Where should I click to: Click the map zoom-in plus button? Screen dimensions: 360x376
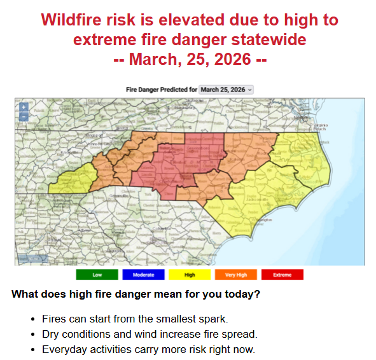24,107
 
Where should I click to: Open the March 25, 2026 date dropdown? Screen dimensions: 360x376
226,90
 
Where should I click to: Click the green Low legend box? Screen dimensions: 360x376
97,275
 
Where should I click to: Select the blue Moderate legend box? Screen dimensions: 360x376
143,275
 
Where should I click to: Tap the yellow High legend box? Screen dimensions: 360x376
190,275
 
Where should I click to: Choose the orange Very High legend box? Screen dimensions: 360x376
236,275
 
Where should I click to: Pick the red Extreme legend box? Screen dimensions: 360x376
282,275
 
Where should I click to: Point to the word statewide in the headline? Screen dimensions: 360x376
274,40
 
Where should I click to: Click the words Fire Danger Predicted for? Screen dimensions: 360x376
162,90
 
